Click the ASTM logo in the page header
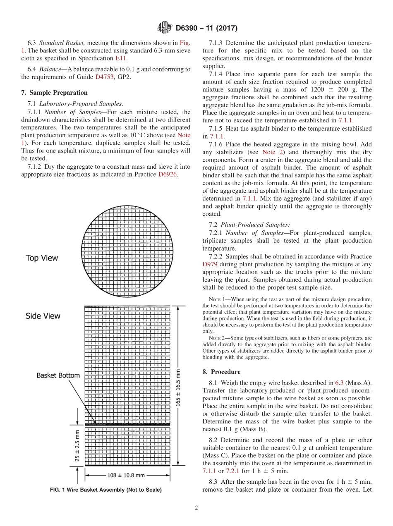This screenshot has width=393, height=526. [x=165, y=28]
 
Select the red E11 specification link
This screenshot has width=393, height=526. [x=120, y=58]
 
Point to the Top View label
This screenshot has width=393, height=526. [x=42, y=258]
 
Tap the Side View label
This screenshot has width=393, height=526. [x=43, y=316]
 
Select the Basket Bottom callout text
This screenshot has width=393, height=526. [x=58, y=375]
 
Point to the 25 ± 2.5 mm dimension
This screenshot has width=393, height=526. [x=77, y=446]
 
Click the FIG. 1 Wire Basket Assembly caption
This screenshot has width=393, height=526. [x=105, y=490]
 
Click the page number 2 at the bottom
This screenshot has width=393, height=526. [x=196, y=508]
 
